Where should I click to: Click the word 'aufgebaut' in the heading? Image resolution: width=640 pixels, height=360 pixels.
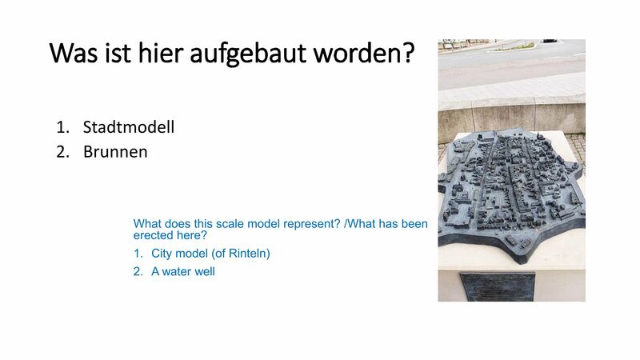coord(248,54)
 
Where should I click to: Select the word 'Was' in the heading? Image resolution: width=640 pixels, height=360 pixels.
coord(74,53)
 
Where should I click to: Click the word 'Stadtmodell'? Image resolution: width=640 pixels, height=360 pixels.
coord(129,127)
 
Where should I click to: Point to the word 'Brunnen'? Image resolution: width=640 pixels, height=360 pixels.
coord(115,152)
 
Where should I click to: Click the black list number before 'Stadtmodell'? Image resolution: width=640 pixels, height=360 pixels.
coord(63,127)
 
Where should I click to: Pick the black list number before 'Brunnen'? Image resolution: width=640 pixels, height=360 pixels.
coord(63,152)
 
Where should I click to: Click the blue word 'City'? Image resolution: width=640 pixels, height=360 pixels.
coord(162,254)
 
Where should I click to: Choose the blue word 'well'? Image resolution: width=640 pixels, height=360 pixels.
coord(206,271)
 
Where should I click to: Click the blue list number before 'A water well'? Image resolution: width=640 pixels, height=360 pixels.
coord(138,271)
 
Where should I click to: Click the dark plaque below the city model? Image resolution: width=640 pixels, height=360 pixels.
coord(497,287)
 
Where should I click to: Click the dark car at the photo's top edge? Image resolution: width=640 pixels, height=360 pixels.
coord(550,41)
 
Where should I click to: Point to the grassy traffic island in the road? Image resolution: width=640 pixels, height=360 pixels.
coord(513,47)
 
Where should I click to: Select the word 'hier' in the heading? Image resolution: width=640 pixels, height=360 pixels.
coord(161,53)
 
